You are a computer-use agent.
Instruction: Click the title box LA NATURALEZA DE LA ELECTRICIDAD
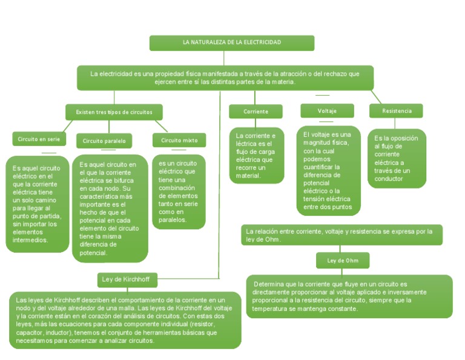232,43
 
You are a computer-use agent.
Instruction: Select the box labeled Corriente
256,112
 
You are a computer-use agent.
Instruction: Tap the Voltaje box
327,111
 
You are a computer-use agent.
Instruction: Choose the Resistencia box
396,111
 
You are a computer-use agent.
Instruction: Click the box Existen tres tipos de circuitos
114,112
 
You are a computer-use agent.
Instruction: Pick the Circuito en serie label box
39,139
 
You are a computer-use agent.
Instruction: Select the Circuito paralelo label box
104,141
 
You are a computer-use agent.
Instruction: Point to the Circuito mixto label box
179,140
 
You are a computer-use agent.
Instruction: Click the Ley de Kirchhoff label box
127,280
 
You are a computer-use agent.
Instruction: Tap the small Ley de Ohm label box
343,260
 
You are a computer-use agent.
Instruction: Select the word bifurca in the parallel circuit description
124,181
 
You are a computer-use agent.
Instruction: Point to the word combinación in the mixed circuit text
177,188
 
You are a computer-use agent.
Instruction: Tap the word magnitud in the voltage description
316,143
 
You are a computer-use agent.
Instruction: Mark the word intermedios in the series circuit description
30,240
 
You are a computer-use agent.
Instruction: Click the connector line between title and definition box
223,58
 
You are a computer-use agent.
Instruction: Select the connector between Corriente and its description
256,123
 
